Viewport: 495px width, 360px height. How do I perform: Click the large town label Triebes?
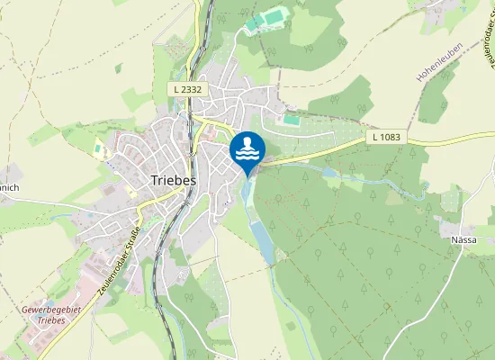tap(170, 180)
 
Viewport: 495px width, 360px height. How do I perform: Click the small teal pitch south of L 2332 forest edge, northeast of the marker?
tap(291, 119)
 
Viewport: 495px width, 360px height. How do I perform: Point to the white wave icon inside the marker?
tap(247, 151)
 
